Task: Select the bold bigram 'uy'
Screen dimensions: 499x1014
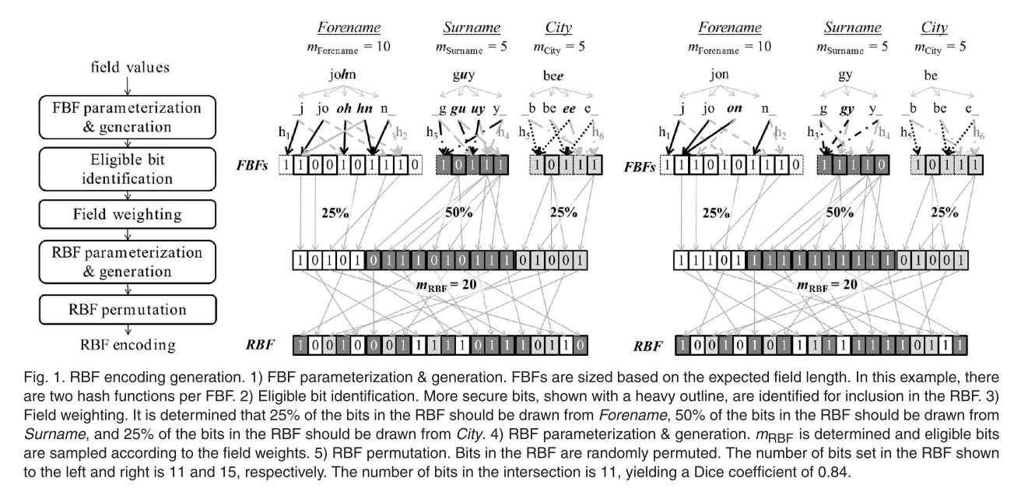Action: [479, 109]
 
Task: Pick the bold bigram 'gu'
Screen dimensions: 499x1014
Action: [459, 109]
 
